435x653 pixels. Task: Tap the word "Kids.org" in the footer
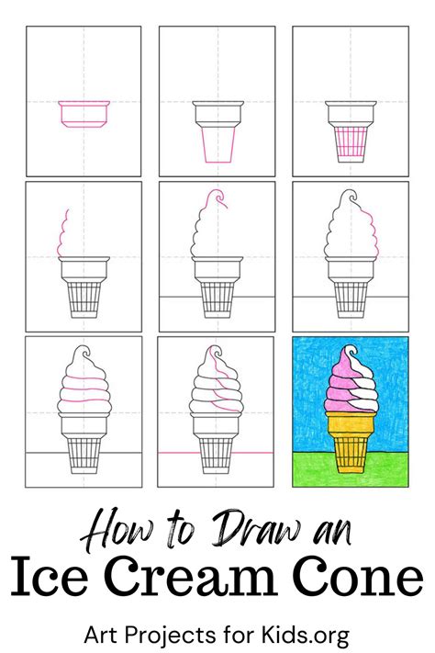(x=305, y=636)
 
